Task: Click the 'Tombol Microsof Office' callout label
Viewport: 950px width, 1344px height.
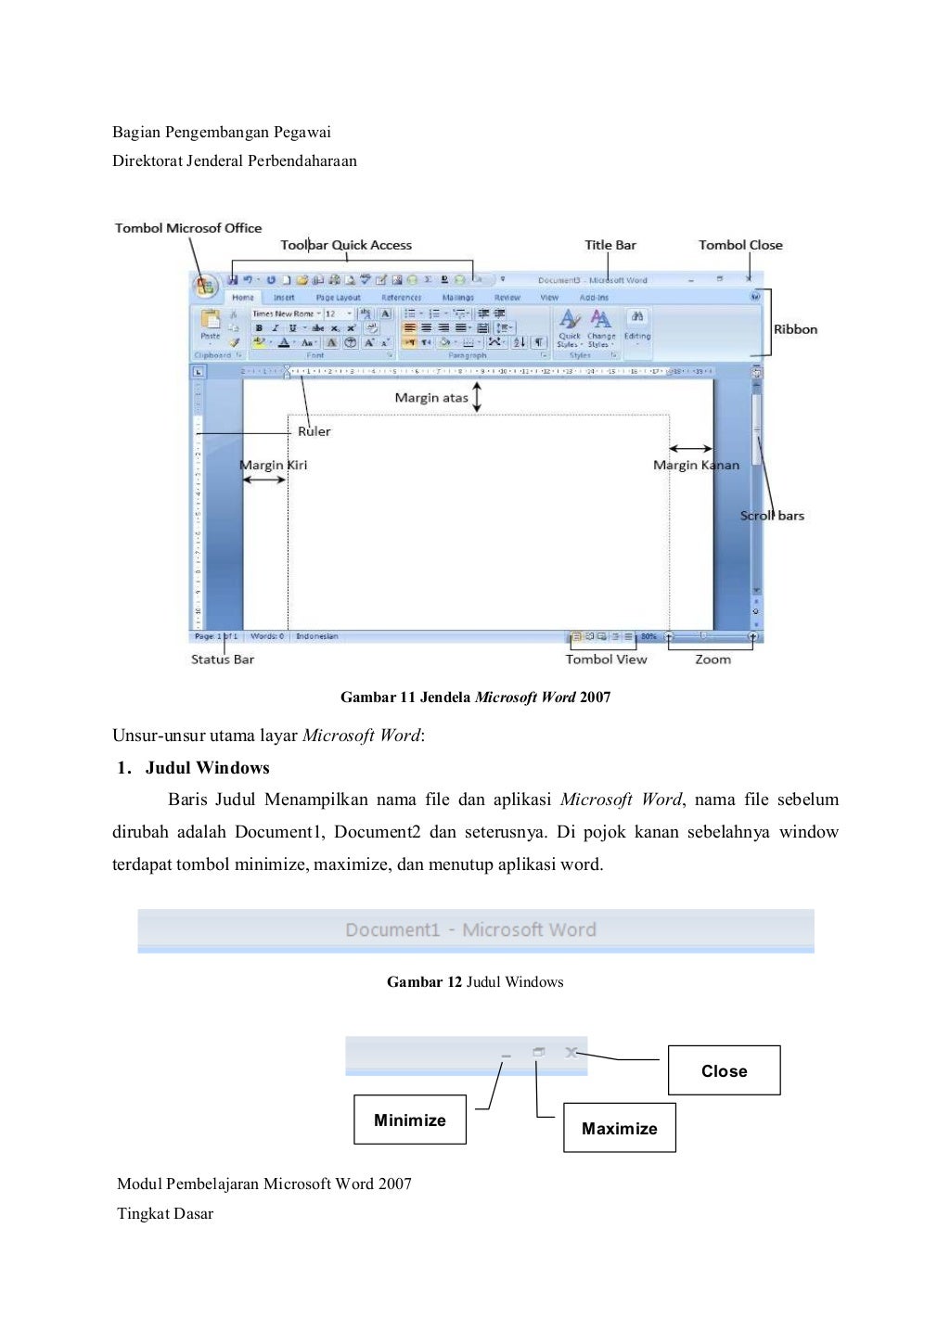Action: [188, 228]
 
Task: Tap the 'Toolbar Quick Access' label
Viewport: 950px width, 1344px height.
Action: [346, 245]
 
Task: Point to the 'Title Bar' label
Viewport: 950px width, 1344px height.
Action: [610, 245]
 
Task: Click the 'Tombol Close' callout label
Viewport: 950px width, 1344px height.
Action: [740, 245]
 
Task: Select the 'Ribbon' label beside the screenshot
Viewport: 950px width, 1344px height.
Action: [795, 329]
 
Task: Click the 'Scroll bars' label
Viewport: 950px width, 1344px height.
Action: [772, 516]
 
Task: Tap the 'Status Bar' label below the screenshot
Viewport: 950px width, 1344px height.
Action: [223, 659]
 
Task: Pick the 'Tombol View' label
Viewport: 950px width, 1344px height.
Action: [606, 659]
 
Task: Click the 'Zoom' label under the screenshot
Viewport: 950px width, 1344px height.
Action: [712, 659]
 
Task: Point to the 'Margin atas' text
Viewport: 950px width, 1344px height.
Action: [431, 398]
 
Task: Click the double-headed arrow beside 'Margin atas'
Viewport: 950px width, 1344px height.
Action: [478, 397]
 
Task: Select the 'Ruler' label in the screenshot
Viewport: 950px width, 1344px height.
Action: [314, 431]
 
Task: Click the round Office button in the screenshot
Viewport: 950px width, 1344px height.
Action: [204, 285]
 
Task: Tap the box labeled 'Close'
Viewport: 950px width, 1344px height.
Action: [724, 1071]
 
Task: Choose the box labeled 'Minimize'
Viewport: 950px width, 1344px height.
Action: [409, 1120]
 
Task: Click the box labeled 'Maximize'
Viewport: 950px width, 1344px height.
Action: [619, 1129]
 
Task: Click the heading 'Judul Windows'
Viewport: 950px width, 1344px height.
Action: [207, 768]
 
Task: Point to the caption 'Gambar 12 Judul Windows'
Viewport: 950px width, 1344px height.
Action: [475, 982]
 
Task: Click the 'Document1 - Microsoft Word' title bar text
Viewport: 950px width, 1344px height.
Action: [470, 929]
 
